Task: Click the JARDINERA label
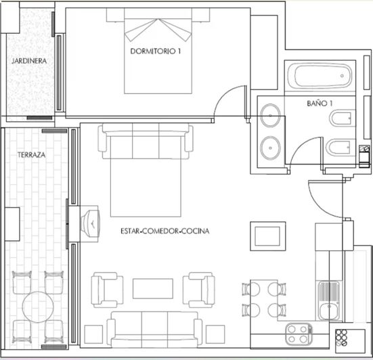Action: (x=28, y=61)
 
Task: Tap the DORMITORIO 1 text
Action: (x=156, y=51)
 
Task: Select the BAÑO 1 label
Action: (x=320, y=104)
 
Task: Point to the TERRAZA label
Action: (x=32, y=155)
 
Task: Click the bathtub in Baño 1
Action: (x=320, y=76)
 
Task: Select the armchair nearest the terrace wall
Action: (x=108, y=289)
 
